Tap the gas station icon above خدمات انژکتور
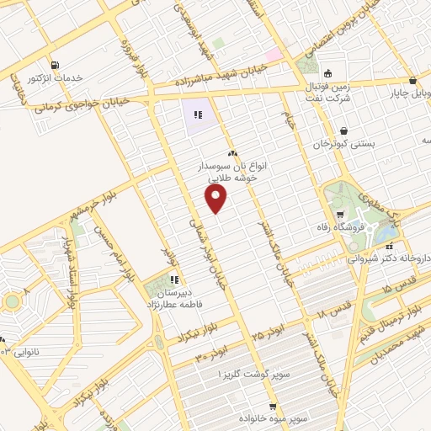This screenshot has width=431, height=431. tap(55, 65)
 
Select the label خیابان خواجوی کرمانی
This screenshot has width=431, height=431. tap(82, 104)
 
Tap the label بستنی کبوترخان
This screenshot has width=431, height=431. tap(343, 145)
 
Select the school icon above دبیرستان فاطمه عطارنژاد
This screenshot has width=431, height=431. tap(174, 279)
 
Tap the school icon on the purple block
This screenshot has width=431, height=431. tap(198, 115)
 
